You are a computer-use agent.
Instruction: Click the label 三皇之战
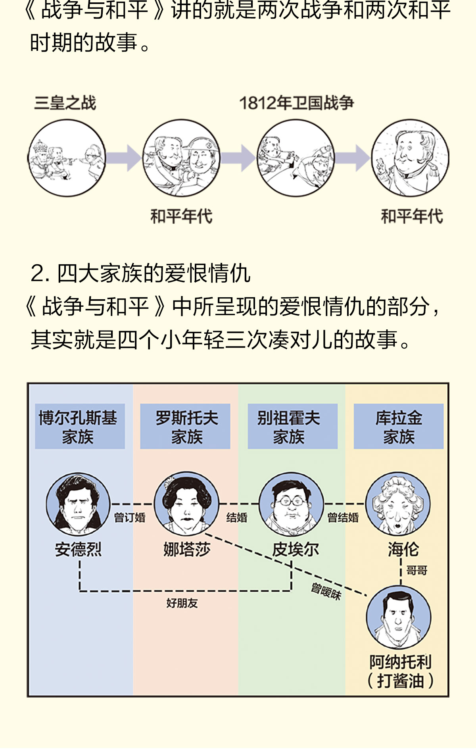[65, 103]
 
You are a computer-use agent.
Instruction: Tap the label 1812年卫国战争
[296, 103]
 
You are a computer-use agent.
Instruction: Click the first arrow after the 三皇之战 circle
[124, 158]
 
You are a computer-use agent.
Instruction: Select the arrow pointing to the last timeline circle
[353, 158]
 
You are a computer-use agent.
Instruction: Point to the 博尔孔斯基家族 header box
[80, 427]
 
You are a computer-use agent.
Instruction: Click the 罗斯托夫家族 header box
[185, 427]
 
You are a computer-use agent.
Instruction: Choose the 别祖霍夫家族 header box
[292, 427]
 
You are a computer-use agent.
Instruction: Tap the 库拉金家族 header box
[398, 427]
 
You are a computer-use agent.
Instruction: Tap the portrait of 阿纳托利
[398, 617]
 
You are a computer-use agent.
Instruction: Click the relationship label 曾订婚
[129, 518]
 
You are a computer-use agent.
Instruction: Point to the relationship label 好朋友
[182, 603]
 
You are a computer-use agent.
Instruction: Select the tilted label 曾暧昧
[326, 591]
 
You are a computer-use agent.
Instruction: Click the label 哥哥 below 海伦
[416, 571]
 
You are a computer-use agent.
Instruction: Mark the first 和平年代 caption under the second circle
[181, 217]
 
